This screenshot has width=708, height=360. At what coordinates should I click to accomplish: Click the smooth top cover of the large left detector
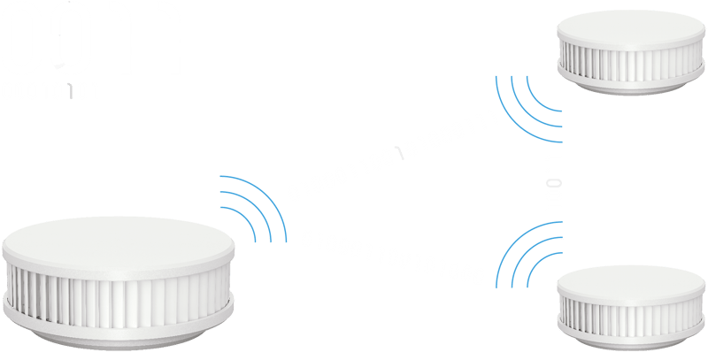(120, 244)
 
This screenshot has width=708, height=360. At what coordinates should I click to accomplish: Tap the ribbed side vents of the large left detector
(120, 293)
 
